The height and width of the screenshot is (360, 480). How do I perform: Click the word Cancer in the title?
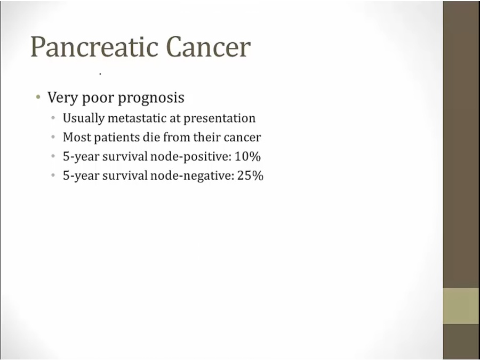(209, 46)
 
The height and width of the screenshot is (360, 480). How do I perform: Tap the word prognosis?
(151, 99)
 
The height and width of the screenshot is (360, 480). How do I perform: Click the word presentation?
(220, 119)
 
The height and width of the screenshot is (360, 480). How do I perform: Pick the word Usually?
(84, 118)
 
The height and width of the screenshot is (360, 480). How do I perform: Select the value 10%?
(247, 156)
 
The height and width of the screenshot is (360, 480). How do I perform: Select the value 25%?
(250, 175)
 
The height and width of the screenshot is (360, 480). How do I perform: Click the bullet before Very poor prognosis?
(38, 98)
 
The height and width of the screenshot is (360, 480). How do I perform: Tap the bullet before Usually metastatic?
(53, 118)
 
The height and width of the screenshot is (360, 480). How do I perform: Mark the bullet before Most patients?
(53, 137)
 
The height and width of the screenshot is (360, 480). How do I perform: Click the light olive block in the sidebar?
(461, 306)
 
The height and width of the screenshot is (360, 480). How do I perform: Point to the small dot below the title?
(100, 74)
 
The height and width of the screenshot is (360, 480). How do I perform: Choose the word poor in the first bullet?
(98, 99)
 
